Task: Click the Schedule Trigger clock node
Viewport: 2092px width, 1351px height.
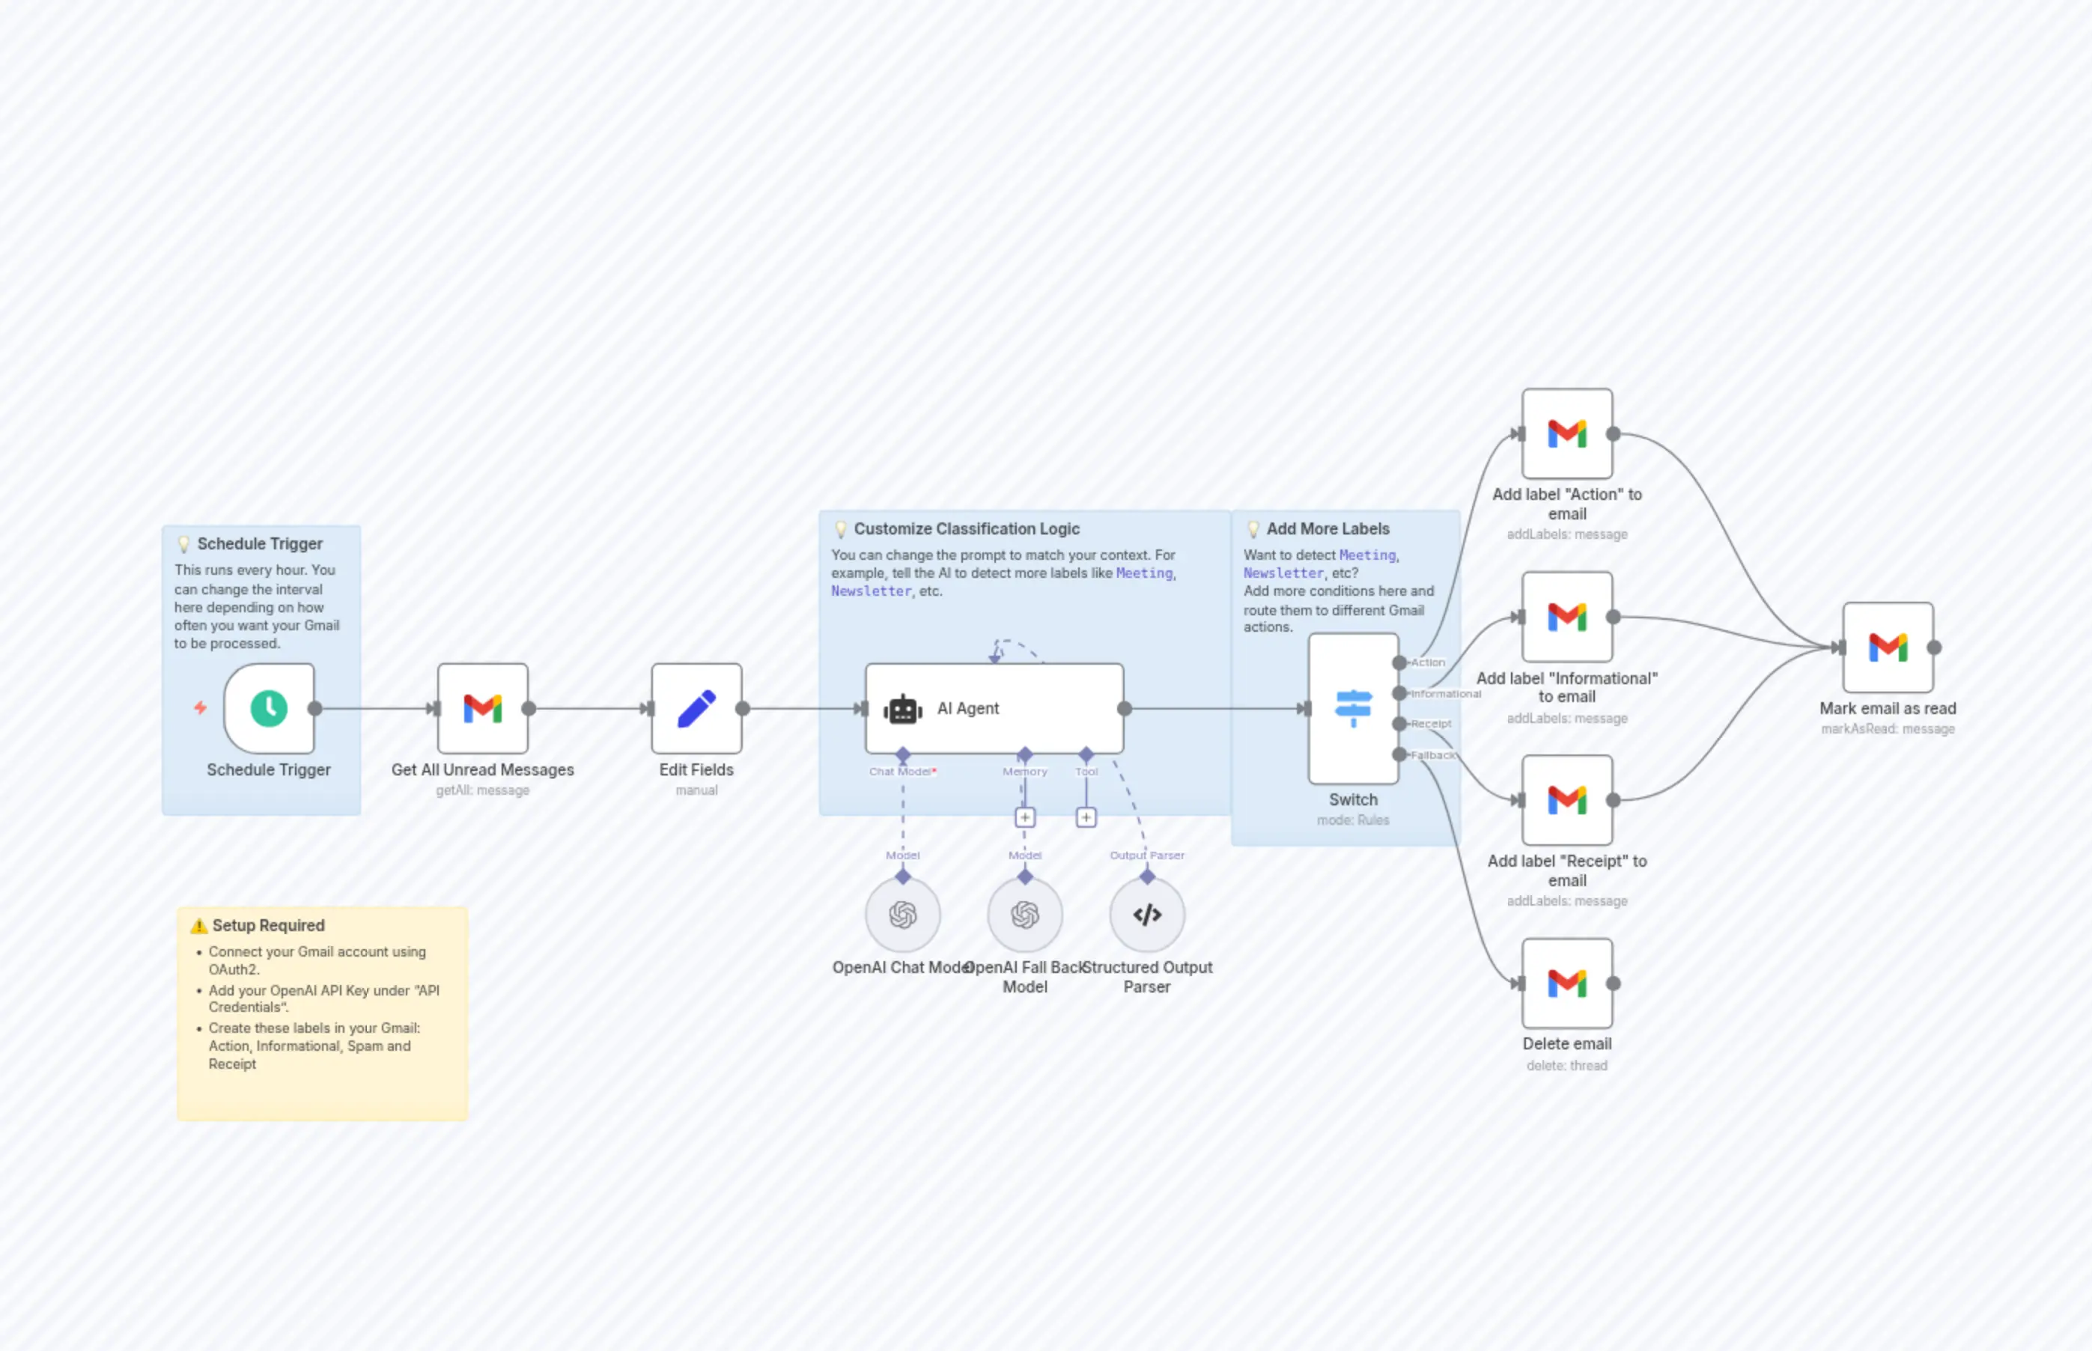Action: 269,708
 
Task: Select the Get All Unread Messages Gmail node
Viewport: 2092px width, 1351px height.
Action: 483,708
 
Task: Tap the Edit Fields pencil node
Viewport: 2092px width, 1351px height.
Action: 696,708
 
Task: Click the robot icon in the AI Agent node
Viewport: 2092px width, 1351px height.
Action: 902,709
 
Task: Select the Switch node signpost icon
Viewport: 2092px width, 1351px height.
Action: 1352,708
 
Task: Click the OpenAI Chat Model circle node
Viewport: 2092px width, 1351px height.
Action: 902,915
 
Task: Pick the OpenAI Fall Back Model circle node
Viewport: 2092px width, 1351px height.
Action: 1024,915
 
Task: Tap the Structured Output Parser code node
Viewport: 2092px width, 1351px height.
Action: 1146,915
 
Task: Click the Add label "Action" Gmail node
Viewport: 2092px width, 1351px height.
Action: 1566,433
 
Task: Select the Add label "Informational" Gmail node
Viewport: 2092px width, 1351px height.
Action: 1566,617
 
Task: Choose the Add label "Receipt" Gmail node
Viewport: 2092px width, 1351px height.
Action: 1566,799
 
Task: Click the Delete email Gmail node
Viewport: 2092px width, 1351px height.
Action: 1566,983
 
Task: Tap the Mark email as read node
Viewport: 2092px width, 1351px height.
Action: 1887,647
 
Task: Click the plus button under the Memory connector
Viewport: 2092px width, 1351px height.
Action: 1024,817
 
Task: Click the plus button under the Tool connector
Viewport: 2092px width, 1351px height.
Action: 1086,817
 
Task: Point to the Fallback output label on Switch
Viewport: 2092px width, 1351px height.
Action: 1432,754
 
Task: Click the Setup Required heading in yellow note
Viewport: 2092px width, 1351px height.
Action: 267,924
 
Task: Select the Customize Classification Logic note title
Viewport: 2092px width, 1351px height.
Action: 966,528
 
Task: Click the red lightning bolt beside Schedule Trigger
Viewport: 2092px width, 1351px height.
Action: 200,707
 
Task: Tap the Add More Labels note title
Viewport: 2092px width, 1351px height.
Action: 1327,528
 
